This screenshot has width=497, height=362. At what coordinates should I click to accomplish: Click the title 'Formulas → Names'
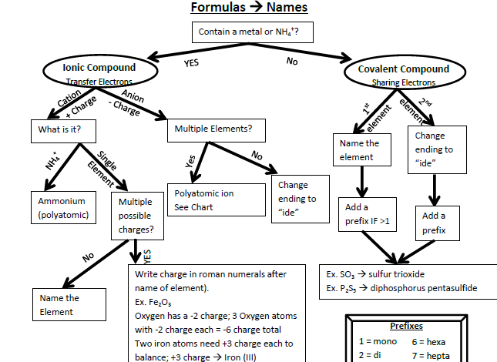(x=249, y=7)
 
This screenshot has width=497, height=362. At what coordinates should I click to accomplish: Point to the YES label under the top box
(x=191, y=62)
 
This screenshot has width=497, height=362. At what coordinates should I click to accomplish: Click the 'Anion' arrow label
(x=133, y=96)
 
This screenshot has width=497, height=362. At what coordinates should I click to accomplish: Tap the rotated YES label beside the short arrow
(x=147, y=256)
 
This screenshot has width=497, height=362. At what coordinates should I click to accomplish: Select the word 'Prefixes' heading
(x=406, y=326)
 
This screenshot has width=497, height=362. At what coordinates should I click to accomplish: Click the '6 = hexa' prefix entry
(x=428, y=342)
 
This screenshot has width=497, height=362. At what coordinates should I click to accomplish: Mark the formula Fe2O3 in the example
(x=160, y=303)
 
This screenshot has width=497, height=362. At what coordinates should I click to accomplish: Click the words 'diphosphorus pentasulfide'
(x=424, y=288)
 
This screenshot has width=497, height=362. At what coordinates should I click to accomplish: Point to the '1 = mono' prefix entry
(x=378, y=341)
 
